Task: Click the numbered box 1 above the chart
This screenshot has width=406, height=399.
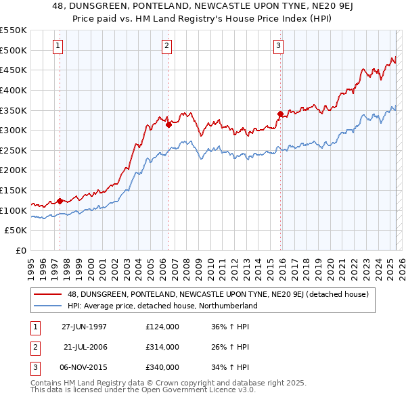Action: pos(58,46)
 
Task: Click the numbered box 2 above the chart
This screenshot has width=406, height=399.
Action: pos(166,46)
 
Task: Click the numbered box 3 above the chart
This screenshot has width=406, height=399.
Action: pos(278,46)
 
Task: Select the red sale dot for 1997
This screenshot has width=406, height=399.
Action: pos(60,200)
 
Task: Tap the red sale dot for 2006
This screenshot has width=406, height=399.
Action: pos(168,124)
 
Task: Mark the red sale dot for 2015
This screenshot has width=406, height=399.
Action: pos(280,114)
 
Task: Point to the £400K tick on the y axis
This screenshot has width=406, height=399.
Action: pos(14,90)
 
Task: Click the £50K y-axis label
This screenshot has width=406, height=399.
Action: pos(17,231)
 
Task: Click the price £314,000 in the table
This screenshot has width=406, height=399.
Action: pos(162,347)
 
